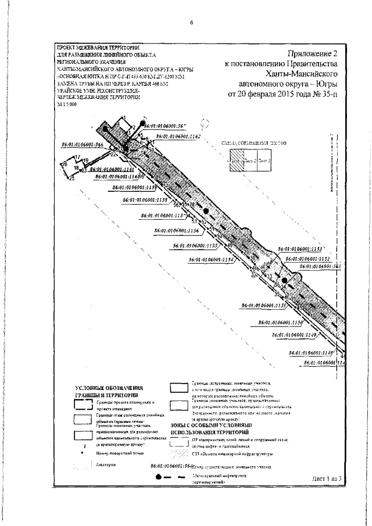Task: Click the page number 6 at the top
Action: point(191,23)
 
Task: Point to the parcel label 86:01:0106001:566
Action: point(82,145)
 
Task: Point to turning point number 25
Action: point(71,179)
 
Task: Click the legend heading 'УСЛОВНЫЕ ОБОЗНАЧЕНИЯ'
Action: point(110,388)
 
